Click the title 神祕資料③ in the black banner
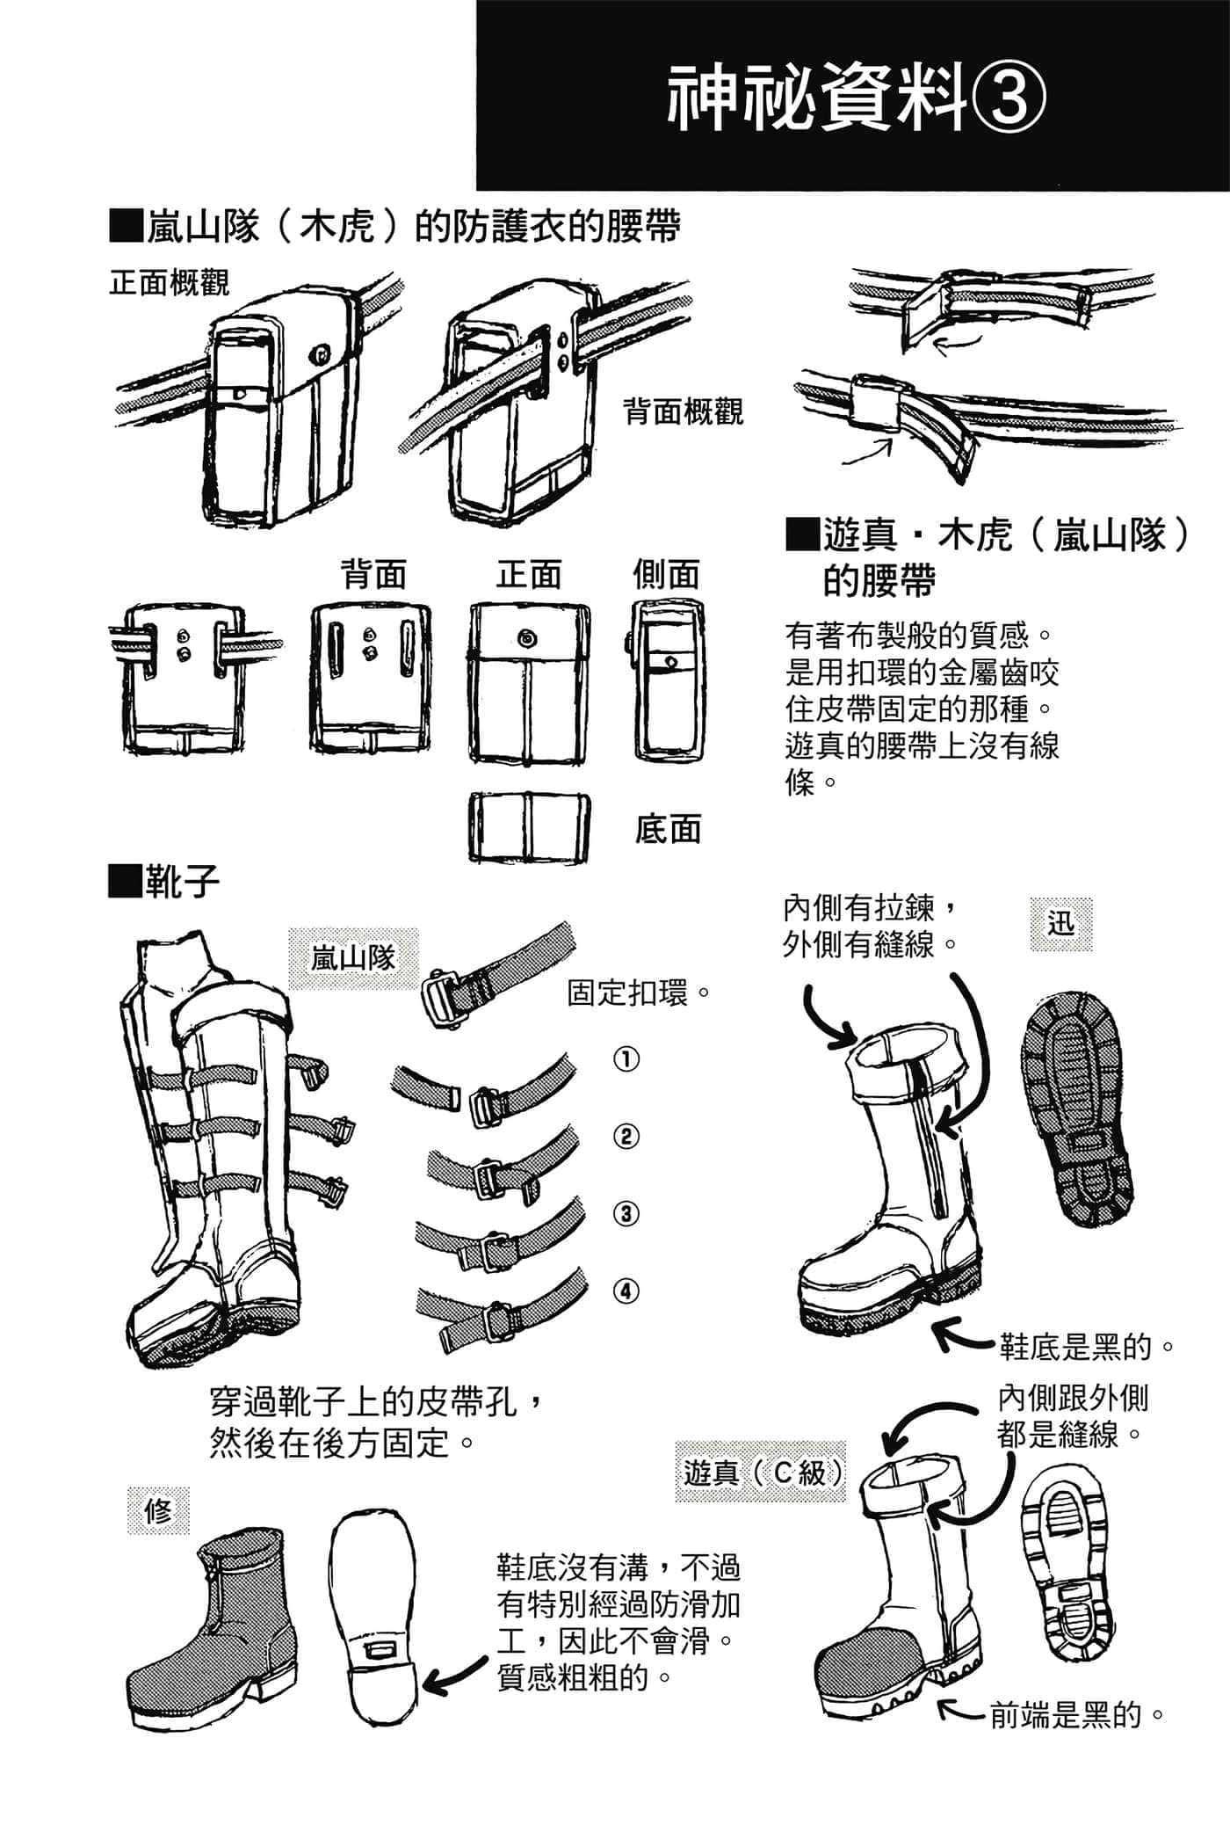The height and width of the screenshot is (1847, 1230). pyautogui.click(x=857, y=98)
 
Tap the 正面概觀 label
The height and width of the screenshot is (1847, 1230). pyautogui.click(x=169, y=283)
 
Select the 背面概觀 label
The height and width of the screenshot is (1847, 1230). pyautogui.click(x=684, y=411)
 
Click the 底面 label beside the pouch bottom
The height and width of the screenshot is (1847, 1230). pyautogui.click(x=668, y=829)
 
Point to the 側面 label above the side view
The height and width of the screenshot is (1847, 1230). pyautogui.click(x=666, y=574)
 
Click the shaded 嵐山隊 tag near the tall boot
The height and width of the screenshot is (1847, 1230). pyautogui.click(x=353, y=958)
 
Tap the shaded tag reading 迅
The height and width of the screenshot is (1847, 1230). pyautogui.click(x=1061, y=924)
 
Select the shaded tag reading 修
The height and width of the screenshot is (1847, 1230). pyautogui.click(x=158, y=1511)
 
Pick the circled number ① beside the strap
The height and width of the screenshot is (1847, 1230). pyautogui.click(x=626, y=1059)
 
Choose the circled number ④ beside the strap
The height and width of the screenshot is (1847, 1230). pyautogui.click(x=626, y=1291)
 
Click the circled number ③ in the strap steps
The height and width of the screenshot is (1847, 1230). pyautogui.click(x=626, y=1214)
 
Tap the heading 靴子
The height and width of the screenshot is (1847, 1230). pyautogui.click(x=163, y=882)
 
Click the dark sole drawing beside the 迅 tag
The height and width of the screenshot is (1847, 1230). pyautogui.click(x=1077, y=1109)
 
